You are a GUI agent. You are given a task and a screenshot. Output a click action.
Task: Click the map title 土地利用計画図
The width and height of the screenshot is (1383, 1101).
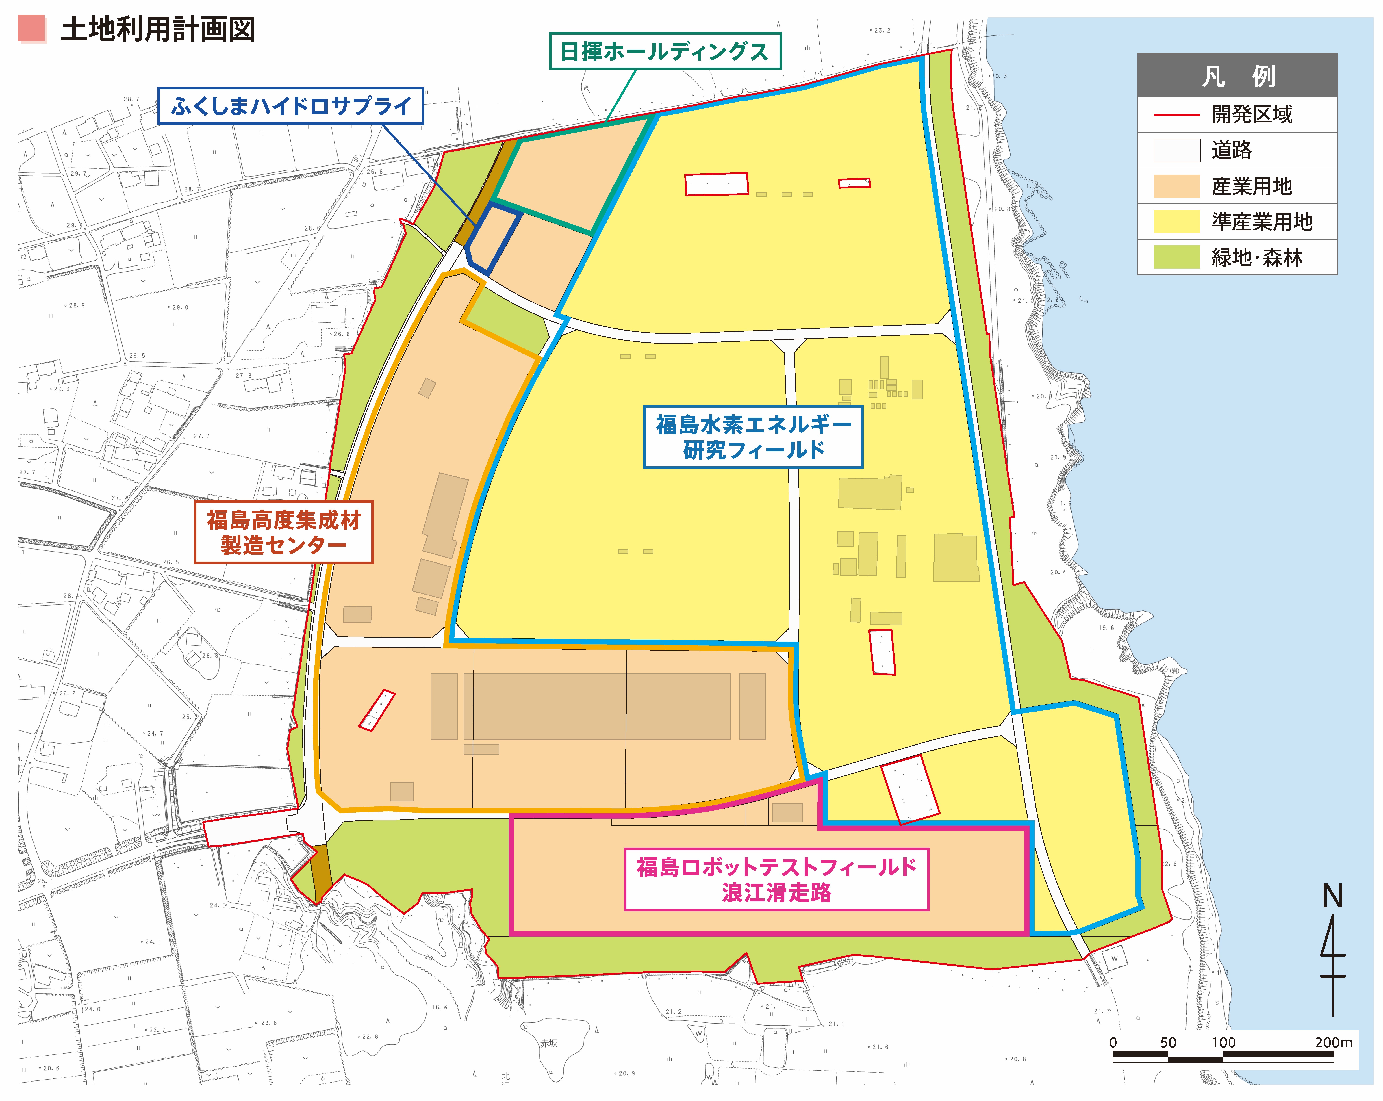tap(158, 29)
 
